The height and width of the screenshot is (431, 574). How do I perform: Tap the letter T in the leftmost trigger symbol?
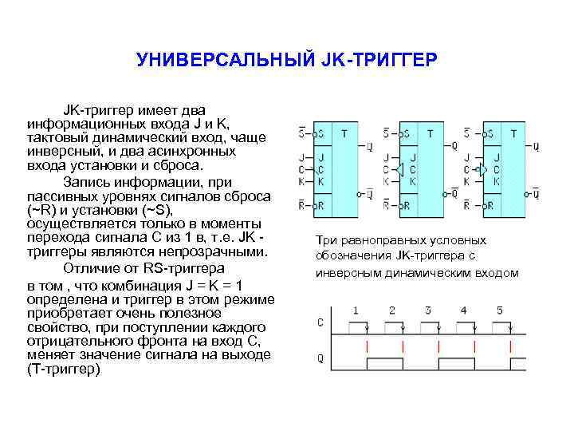coord(343,132)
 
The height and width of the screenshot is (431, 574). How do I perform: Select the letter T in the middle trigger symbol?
coord(430,132)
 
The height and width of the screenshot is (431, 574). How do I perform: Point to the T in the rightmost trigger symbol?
coord(514,132)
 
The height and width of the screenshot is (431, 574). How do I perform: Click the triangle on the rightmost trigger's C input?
coord(482,169)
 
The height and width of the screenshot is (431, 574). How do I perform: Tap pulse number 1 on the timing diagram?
coord(356,310)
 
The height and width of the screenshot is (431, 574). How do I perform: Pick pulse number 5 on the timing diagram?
coord(500,310)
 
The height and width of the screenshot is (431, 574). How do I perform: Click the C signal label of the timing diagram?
coord(320,323)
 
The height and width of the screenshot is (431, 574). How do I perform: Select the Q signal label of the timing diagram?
coord(320,358)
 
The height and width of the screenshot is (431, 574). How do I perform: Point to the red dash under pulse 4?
coord(475,346)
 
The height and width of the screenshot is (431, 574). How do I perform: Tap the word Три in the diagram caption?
coord(327,240)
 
